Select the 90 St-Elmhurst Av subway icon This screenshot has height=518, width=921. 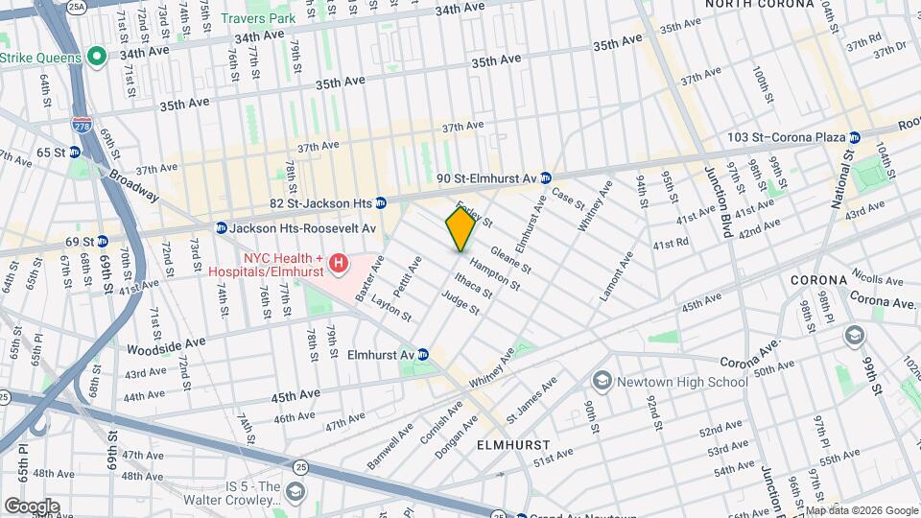545,177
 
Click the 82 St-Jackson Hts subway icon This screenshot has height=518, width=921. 381,202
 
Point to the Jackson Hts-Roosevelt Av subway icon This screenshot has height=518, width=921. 221,228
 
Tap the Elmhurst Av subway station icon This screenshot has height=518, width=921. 423,354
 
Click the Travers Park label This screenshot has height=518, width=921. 257,18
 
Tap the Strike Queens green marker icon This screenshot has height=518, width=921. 95,58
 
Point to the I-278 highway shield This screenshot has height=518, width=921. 83,126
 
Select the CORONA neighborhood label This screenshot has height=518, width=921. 818,280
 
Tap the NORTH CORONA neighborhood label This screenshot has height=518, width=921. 760,5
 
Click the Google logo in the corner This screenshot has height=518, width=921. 31,506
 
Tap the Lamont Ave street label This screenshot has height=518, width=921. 617,276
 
